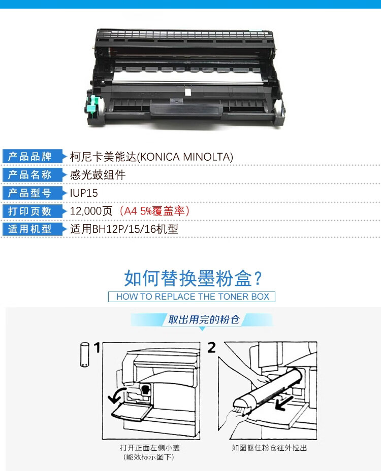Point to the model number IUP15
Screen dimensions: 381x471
click(84, 193)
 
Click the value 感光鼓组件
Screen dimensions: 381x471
click(98, 175)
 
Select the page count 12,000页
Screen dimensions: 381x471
click(91, 211)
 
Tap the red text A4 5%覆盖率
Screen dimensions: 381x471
click(154, 211)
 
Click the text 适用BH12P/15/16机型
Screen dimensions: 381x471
click(124, 229)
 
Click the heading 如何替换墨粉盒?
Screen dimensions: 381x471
click(193, 278)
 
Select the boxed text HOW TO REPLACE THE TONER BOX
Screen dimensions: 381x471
click(192, 297)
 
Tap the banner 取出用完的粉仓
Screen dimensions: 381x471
click(204, 319)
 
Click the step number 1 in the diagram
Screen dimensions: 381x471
click(97, 348)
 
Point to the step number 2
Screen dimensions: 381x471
click(211, 348)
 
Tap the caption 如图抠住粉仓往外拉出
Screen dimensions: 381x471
click(269, 448)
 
